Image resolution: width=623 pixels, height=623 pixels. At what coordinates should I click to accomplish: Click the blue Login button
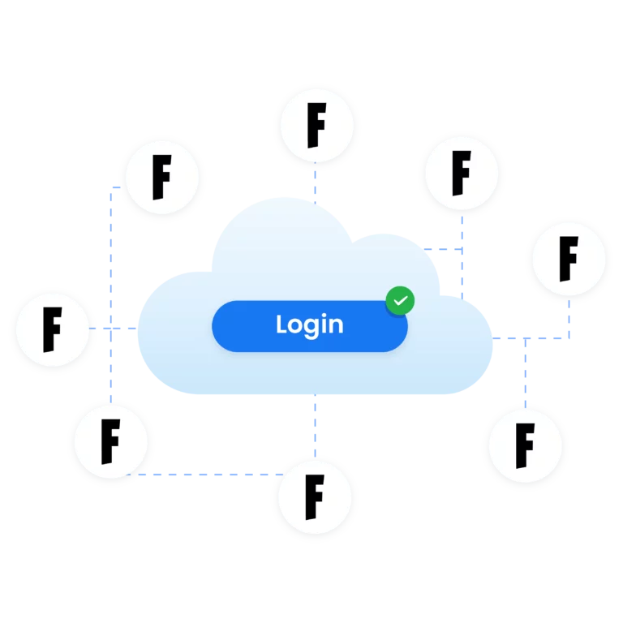pyautogui.click(x=310, y=326)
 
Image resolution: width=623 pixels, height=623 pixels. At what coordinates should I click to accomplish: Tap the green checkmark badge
pyautogui.click(x=400, y=301)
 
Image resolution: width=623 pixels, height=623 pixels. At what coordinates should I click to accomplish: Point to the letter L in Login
pyautogui.click(x=281, y=324)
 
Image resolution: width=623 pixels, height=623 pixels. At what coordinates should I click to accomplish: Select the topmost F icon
pyautogui.click(x=316, y=126)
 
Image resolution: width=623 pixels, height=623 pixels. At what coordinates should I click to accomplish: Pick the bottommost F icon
pyautogui.click(x=315, y=497)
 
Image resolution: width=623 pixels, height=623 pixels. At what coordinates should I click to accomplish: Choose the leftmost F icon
pyautogui.click(x=53, y=330)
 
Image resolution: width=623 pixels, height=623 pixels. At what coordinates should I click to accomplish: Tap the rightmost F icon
pyautogui.click(x=569, y=259)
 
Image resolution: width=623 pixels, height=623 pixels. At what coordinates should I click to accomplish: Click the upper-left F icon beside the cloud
pyautogui.click(x=162, y=177)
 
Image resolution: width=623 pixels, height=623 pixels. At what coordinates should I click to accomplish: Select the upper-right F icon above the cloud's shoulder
pyautogui.click(x=462, y=174)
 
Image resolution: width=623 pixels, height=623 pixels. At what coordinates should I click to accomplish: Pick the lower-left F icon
pyautogui.click(x=111, y=441)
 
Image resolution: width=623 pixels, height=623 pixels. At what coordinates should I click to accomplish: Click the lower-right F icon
pyautogui.click(x=526, y=446)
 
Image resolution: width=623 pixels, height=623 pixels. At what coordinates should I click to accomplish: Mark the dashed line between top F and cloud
pyautogui.click(x=315, y=183)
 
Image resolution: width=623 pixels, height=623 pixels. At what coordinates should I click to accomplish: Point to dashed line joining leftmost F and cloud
pyautogui.click(x=114, y=329)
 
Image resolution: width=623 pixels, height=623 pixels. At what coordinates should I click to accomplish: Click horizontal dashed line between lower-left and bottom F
pyautogui.click(x=205, y=475)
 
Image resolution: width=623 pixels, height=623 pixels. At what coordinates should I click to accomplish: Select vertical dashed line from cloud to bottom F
pyautogui.click(x=315, y=428)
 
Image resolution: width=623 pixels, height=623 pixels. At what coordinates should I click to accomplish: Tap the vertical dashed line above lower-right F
pyautogui.click(x=526, y=374)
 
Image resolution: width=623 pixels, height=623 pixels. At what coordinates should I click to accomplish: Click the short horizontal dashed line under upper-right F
pyautogui.click(x=443, y=249)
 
